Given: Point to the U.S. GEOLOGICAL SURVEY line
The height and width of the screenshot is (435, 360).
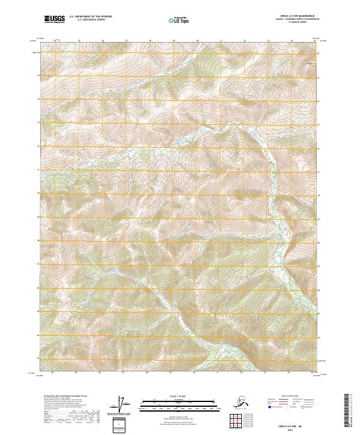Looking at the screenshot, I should [x=86, y=20].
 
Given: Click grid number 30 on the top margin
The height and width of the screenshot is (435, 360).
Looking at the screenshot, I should [x=197, y=41].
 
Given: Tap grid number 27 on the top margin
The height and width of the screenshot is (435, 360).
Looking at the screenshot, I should [x=126, y=41].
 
